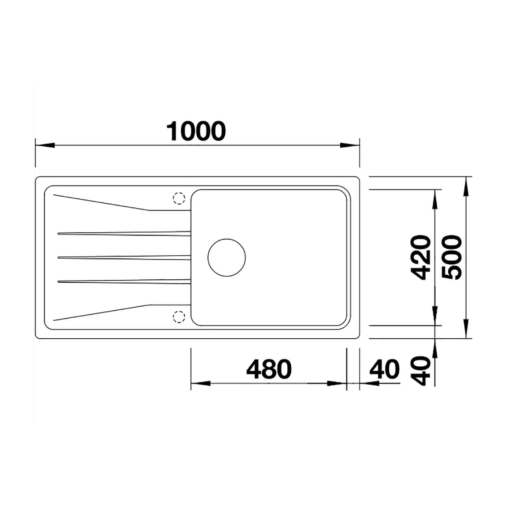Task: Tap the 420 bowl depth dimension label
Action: coord(422,258)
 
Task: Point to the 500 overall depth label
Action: coord(451,258)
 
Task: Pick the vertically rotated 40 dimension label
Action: coord(422,371)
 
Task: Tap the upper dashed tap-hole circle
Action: coord(179,198)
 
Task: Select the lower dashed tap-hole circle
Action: coord(179,316)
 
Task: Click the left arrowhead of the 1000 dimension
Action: coord(45,145)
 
